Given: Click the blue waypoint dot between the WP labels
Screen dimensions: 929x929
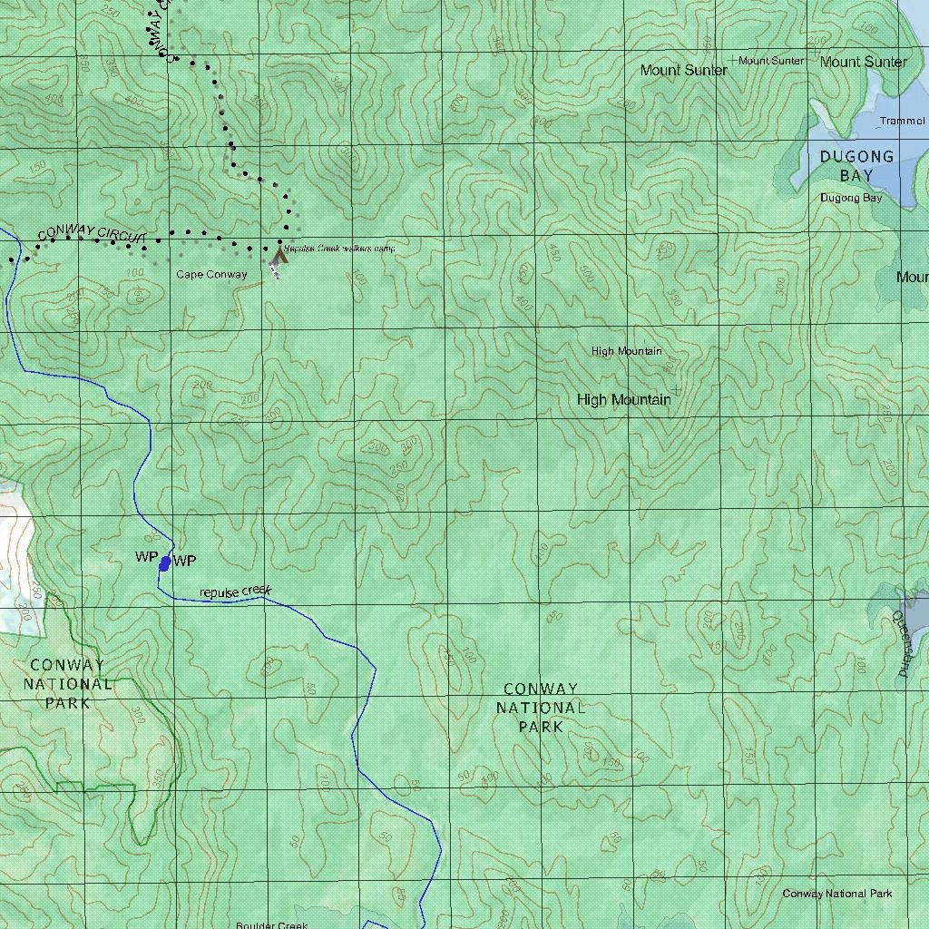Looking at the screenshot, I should coord(164,564).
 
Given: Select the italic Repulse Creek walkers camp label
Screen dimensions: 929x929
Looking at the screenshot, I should coord(338,248).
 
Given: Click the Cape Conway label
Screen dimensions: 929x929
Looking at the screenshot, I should coord(211,275).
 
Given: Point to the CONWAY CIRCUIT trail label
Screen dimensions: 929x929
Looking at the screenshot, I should coord(92,234).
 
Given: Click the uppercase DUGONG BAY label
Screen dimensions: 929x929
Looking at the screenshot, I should coord(856,166).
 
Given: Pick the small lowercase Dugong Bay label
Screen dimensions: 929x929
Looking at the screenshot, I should coord(850,198).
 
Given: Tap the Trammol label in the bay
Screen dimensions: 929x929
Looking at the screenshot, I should coord(902,121).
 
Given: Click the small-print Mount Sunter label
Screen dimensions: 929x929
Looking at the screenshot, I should coord(771,61).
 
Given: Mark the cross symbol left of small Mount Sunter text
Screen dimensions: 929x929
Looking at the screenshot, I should coord(733,60).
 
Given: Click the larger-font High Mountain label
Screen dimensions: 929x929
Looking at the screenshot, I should coord(623,400).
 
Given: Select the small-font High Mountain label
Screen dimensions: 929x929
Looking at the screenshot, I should coord(626,351).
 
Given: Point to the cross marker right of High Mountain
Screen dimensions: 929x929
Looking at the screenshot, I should coord(676,390).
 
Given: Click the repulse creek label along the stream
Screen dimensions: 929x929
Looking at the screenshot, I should coord(235,592).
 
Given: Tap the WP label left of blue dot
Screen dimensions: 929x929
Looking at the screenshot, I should coord(146,557).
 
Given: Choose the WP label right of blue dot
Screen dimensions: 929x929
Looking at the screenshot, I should coord(184,561).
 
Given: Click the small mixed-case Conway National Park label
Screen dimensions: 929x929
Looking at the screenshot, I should coord(836,894).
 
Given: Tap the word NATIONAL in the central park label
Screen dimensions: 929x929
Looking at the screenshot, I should coord(541,708).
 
